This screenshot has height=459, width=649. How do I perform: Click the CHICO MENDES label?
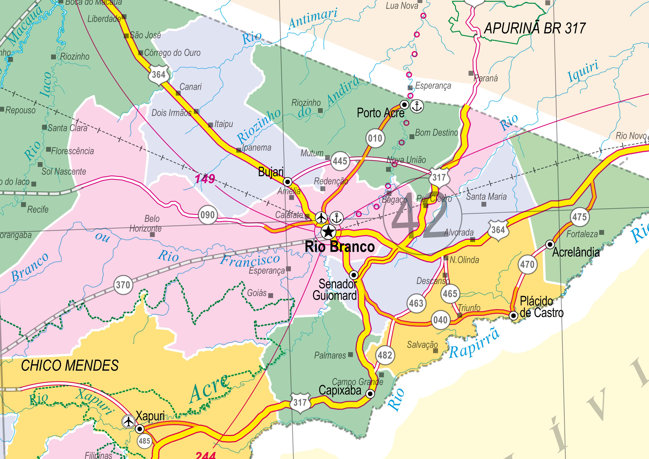point(70,365)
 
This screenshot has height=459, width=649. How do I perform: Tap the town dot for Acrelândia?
point(550,244)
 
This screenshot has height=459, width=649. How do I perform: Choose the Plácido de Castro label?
point(541,307)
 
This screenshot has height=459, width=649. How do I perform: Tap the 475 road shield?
point(580,217)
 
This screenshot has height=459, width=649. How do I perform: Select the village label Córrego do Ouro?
point(172,53)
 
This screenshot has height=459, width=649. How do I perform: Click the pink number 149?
point(205,179)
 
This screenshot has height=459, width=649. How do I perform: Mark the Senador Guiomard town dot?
point(354,275)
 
